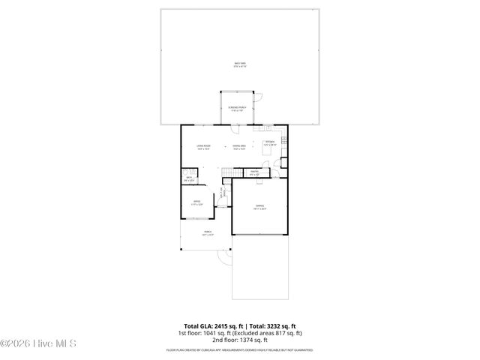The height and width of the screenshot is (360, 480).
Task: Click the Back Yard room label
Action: tap(239, 64)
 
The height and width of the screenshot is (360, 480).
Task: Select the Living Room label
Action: tap(203, 147)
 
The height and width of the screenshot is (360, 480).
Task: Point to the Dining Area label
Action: tap(239, 147)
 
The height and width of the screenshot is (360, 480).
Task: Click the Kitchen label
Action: tap(270, 142)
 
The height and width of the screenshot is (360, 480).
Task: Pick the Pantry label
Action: tap(254, 173)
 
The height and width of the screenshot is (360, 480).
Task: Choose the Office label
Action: tap(196, 202)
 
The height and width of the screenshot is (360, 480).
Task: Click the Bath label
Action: tap(188, 179)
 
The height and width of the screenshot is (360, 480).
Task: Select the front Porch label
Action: tap(207, 233)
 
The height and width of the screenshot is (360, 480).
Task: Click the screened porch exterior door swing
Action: tap(254, 97)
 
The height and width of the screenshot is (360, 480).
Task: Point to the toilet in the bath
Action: tap(184, 172)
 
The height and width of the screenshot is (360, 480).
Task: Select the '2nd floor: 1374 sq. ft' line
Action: tap(239, 340)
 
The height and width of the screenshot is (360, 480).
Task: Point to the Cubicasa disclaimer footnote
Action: tap(239, 350)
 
